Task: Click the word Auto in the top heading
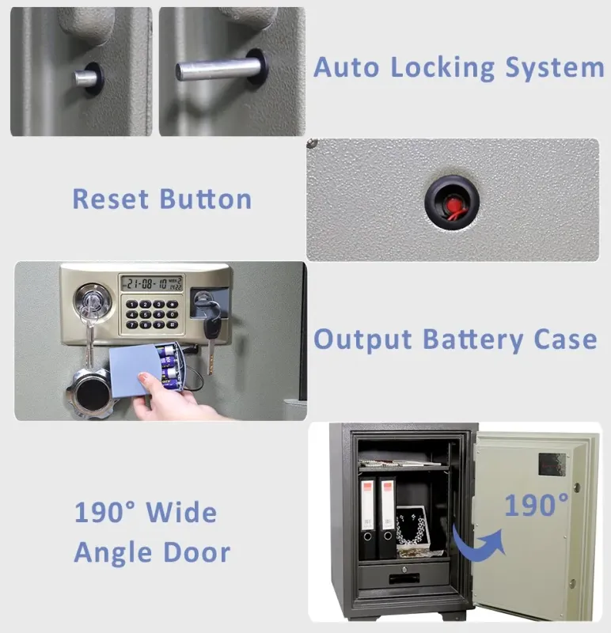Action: click(346, 67)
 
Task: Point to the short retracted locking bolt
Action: click(85, 78)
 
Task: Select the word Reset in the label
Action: click(111, 199)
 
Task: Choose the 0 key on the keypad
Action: click(173, 314)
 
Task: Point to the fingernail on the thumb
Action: click(143, 378)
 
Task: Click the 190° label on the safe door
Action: click(537, 505)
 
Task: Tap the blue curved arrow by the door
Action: click(480, 543)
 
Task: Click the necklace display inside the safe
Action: click(412, 529)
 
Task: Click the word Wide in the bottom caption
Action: click(181, 512)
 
